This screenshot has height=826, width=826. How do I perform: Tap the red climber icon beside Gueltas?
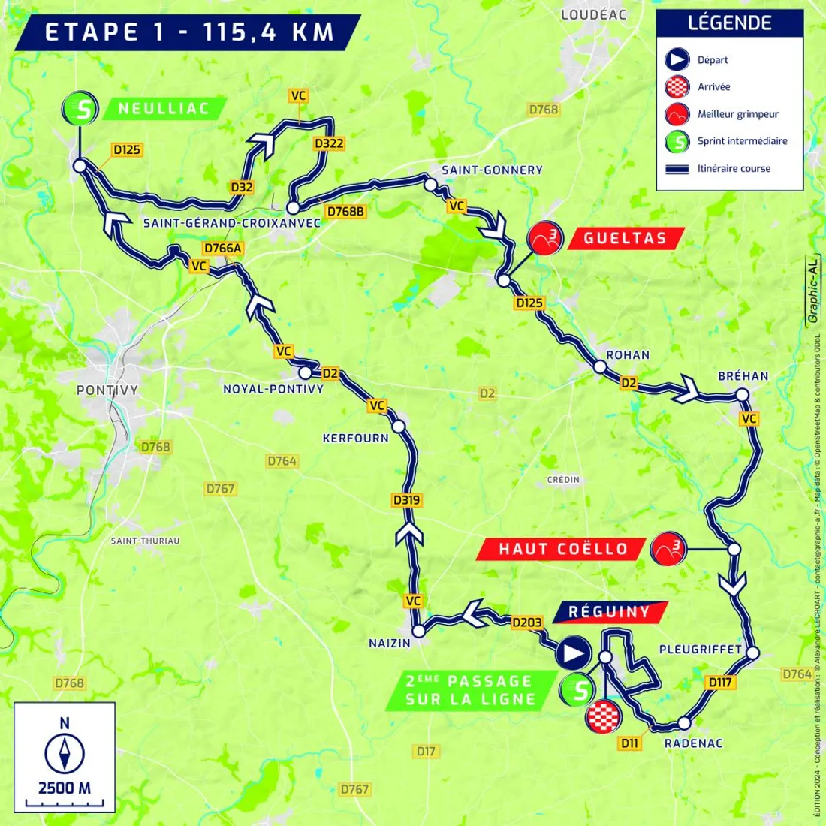click(x=545, y=239)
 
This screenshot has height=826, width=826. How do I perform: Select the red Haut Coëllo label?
click(x=562, y=549)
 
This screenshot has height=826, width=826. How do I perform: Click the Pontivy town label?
click(x=108, y=390)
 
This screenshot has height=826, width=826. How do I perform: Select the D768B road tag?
click(x=345, y=212)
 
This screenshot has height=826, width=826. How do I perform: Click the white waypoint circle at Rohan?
click(x=600, y=367)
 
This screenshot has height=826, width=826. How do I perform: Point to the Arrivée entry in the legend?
click(x=713, y=86)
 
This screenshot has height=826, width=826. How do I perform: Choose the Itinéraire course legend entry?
click(x=733, y=168)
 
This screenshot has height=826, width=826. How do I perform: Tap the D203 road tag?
click(x=526, y=623)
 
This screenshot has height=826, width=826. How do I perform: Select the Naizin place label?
click(x=390, y=643)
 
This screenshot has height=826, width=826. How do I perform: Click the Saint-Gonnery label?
click(x=492, y=170)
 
